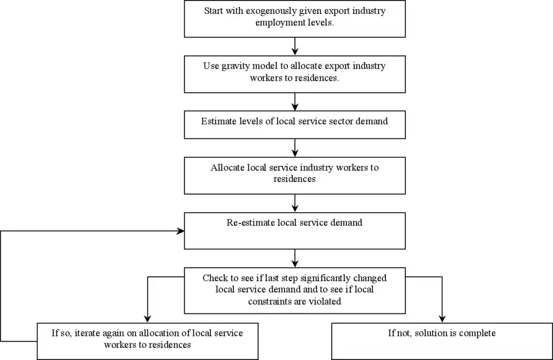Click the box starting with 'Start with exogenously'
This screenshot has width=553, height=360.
click(x=294, y=18)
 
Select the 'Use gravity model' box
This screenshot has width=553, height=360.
click(x=294, y=74)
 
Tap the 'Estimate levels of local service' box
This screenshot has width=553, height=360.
click(x=294, y=124)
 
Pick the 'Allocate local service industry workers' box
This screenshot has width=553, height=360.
click(x=294, y=175)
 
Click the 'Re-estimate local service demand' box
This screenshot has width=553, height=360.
click(x=294, y=230)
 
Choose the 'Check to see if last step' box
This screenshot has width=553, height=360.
click(x=294, y=290)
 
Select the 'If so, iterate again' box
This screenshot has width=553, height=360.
click(x=147, y=341)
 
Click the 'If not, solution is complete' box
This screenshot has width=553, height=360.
click(x=442, y=341)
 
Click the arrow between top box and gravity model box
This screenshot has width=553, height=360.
click(x=294, y=46)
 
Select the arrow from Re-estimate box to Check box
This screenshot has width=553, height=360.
click(x=294, y=258)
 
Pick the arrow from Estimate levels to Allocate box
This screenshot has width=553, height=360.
click(x=294, y=147)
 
